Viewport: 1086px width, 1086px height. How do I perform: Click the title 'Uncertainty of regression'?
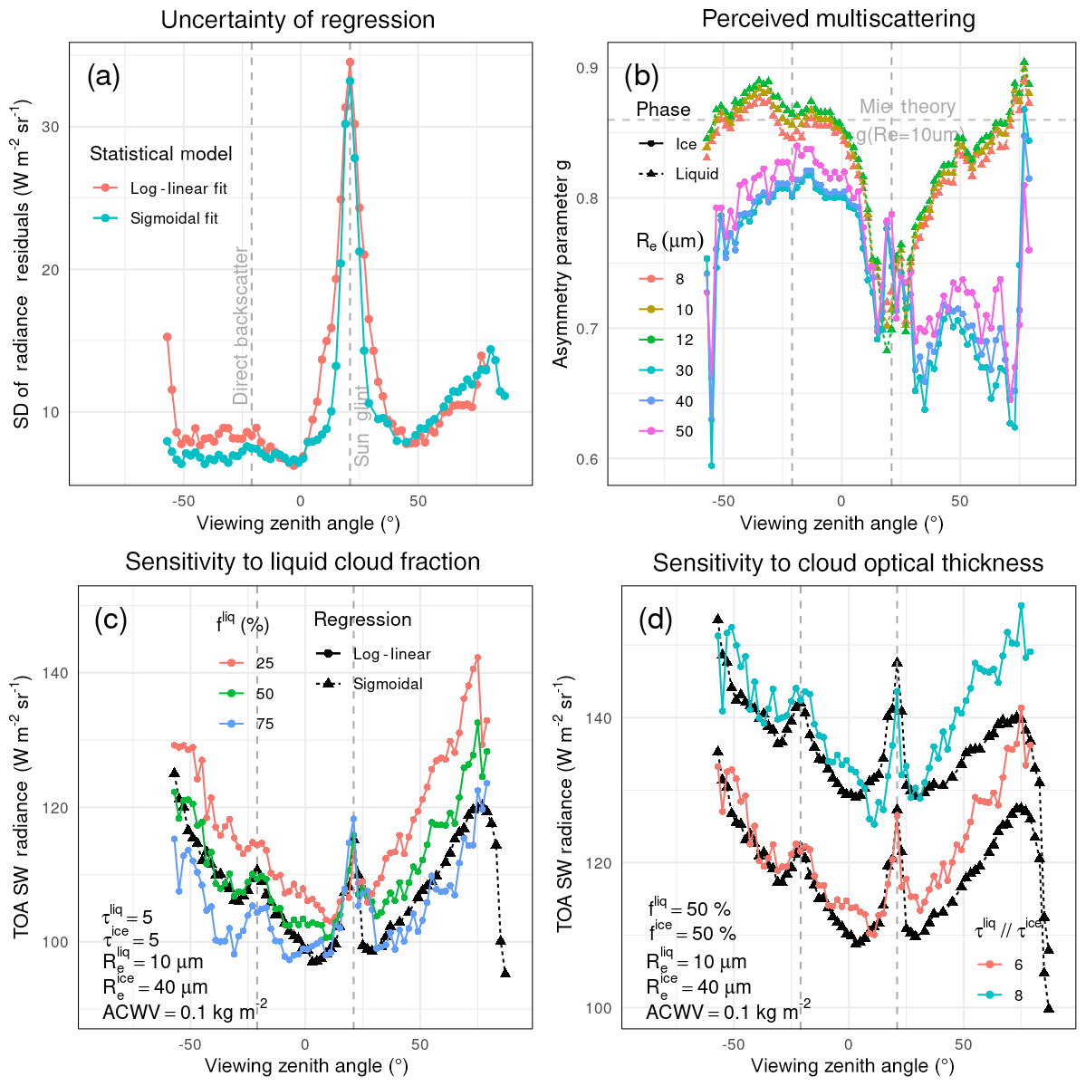coord(297,20)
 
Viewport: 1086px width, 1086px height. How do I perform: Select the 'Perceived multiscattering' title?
coord(838,19)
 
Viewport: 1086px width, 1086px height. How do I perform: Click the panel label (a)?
coord(103,76)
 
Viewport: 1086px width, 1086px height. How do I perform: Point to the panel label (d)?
coord(656,621)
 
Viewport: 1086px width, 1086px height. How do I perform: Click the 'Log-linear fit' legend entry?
coord(178,188)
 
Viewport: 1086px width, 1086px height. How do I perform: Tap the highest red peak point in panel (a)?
coord(350,62)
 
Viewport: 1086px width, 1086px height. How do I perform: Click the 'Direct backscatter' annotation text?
coord(241,326)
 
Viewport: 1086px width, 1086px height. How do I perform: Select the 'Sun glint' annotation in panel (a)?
coord(361,426)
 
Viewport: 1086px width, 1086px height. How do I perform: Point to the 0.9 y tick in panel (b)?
coord(588,69)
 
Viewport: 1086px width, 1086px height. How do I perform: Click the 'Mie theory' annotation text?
coord(908,107)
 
